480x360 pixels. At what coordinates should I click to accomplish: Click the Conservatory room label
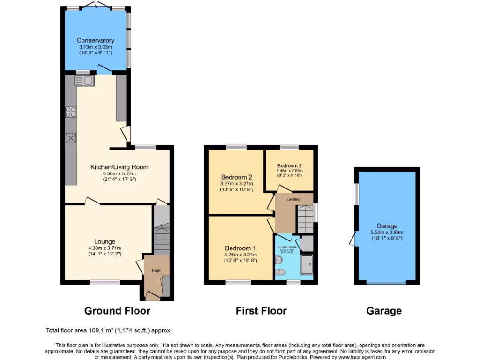coord(96,40)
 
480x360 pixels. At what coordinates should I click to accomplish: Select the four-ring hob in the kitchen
coord(71,112)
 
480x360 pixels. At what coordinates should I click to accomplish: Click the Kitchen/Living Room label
coord(120,167)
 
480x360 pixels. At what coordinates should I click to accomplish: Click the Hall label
coord(156,270)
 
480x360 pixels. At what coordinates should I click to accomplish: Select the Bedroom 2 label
coord(237,177)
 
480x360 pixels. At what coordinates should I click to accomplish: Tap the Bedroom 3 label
coord(289,165)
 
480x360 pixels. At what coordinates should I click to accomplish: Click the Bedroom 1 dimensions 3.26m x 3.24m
coord(240,255)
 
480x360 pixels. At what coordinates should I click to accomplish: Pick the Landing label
coord(293,199)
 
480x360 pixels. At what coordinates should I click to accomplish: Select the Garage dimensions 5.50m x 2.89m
coord(387,232)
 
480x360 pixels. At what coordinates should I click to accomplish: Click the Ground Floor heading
coord(117,310)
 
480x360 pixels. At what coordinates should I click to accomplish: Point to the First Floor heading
coord(261,310)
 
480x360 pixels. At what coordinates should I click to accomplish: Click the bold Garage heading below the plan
coord(384,310)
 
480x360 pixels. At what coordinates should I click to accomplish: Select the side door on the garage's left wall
coord(352,240)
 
